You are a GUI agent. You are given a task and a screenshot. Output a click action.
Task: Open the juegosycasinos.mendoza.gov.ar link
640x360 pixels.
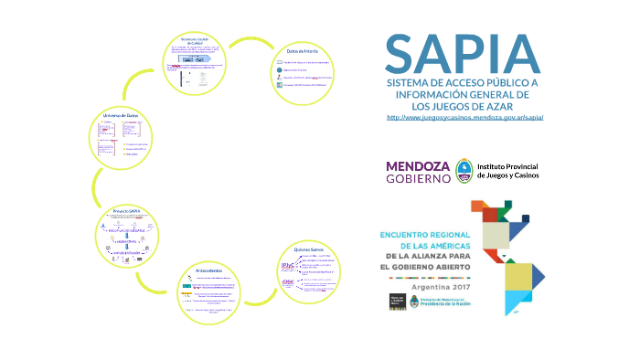465,118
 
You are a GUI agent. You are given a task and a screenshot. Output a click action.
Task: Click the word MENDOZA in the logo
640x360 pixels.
419,166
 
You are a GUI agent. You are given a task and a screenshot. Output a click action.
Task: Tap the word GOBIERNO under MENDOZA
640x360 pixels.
419,179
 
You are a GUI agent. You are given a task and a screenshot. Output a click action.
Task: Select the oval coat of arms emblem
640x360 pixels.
464,171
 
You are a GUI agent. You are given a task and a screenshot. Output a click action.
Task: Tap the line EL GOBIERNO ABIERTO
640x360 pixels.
424,267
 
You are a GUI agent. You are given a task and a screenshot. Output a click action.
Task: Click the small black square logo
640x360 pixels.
397,302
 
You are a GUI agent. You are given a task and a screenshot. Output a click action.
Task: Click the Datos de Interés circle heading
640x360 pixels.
301,52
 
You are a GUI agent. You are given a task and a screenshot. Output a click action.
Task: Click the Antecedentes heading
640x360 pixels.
212,270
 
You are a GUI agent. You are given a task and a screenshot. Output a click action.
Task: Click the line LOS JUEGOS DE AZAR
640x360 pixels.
464,106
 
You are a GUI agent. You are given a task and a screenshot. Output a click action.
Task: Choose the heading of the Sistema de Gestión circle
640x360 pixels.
197,41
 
